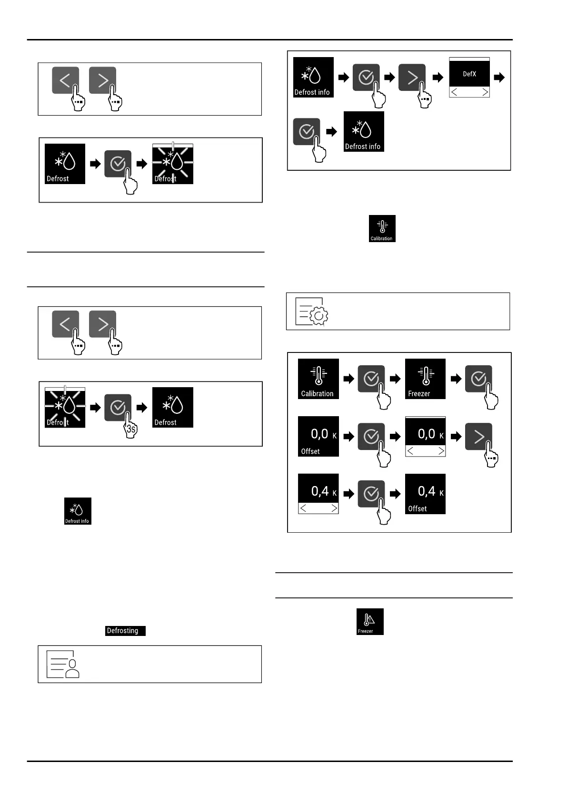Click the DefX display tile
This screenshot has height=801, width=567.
(469, 74)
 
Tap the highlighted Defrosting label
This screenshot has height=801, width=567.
(125, 631)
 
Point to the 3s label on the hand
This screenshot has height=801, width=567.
(131, 430)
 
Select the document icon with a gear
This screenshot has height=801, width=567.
(311, 312)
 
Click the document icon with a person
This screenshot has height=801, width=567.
(63, 664)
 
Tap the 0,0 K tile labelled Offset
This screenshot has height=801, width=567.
(318, 436)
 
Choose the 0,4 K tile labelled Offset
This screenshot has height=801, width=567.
(425, 494)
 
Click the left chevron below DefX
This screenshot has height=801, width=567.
(454, 92)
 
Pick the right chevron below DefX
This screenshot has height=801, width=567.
(485, 92)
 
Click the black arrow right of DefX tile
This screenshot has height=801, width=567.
(499, 78)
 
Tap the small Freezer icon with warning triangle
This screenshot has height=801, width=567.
(370, 622)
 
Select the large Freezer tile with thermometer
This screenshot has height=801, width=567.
(425, 379)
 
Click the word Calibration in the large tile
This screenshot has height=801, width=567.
(317, 394)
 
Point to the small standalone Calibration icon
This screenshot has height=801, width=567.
(382, 229)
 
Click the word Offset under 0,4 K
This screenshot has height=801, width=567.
(417, 508)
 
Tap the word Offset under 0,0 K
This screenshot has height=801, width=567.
(310, 451)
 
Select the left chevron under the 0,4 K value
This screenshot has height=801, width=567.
(303, 508)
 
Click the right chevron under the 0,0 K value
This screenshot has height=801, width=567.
(441, 451)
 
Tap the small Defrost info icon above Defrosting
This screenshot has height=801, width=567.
(78, 511)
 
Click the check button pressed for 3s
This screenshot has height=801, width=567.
(118, 408)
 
